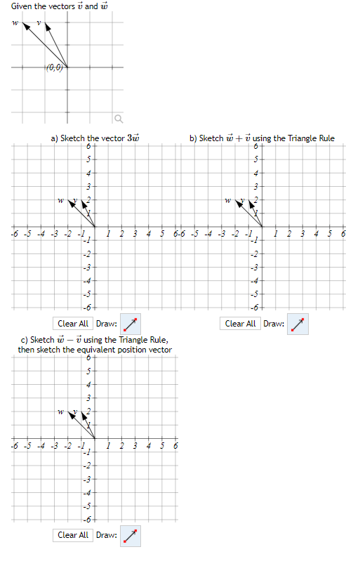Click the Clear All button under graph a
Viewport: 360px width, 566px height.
click(73, 324)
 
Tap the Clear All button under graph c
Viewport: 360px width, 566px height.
click(73, 535)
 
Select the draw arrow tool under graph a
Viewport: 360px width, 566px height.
click(130, 324)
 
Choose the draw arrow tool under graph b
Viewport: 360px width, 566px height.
click(298, 324)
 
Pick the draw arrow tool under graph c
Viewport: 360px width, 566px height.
click(130, 536)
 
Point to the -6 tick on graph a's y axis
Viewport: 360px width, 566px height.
click(88, 308)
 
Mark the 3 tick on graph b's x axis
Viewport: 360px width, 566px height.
click(303, 233)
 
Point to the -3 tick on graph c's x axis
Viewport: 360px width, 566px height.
click(54, 446)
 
